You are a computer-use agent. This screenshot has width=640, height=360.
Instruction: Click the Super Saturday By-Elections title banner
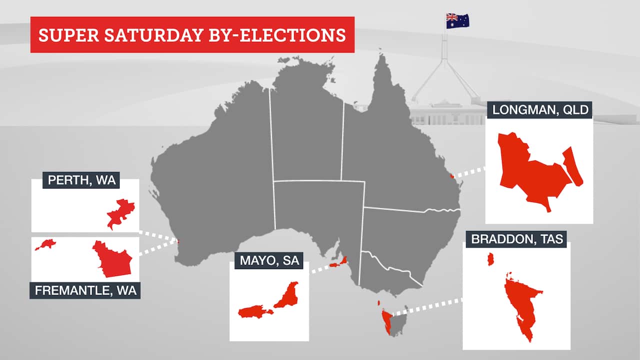click(x=192, y=35)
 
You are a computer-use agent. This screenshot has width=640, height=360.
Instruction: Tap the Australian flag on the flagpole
click(x=457, y=20)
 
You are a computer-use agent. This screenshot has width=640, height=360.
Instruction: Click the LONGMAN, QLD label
click(x=539, y=110)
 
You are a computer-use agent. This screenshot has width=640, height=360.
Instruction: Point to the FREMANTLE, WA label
click(x=85, y=290)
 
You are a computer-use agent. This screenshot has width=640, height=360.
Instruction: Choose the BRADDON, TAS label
click(x=517, y=239)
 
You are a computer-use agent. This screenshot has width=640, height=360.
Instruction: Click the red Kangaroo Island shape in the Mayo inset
click(x=254, y=312)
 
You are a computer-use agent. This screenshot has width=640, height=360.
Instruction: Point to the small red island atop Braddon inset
click(x=491, y=259)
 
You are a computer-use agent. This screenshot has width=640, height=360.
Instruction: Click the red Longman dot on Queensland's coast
click(x=451, y=175)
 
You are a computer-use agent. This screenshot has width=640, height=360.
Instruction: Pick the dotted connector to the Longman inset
click(x=469, y=172)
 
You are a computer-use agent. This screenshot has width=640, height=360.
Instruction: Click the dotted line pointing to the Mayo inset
click(x=320, y=268)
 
